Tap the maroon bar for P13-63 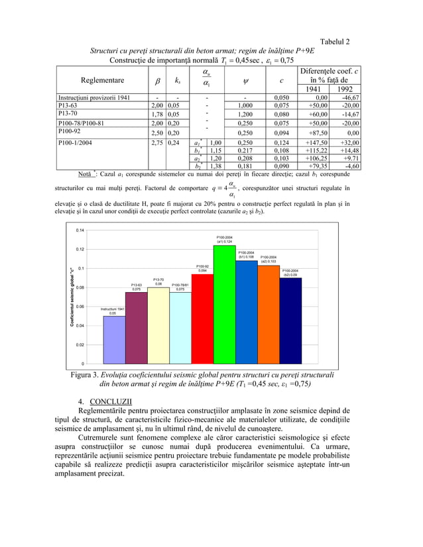pyautogui.click(x=137, y=328)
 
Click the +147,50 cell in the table pyautogui.click(x=312, y=142)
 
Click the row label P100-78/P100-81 pyautogui.click(x=85, y=123)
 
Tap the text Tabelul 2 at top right pyautogui.click(x=335, y=42)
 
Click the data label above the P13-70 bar pyautogui.click(x=158, y=281)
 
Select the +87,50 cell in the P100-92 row pyautogui.click(x=313, y=132)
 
